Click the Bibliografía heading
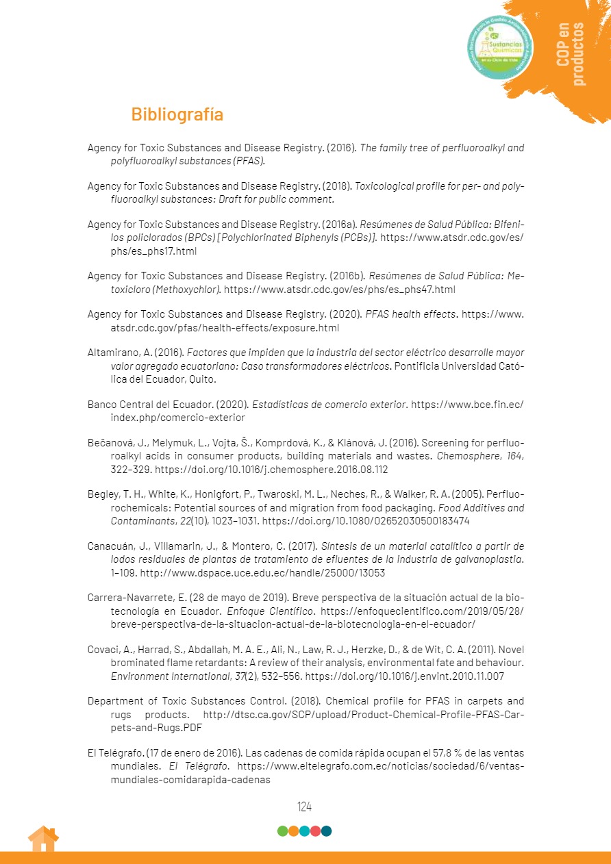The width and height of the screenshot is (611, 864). point(177,114)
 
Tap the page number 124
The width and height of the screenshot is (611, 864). point(305,806)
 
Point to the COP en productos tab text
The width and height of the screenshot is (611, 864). point(571,54)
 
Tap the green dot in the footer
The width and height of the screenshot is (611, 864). point(282,831)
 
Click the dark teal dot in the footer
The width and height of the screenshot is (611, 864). point(327,831)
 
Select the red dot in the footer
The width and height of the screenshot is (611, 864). point(316,831)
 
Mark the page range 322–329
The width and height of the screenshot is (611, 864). point(130,470)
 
